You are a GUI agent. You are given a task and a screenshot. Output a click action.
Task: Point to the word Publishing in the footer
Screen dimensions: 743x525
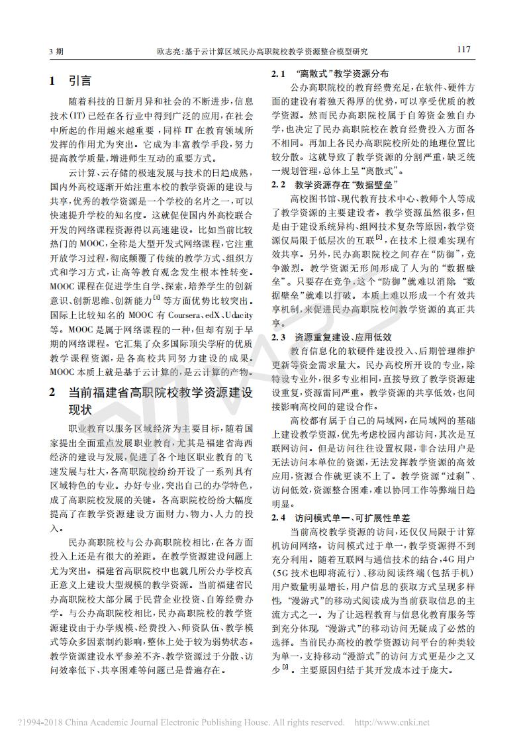click(242, 722)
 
